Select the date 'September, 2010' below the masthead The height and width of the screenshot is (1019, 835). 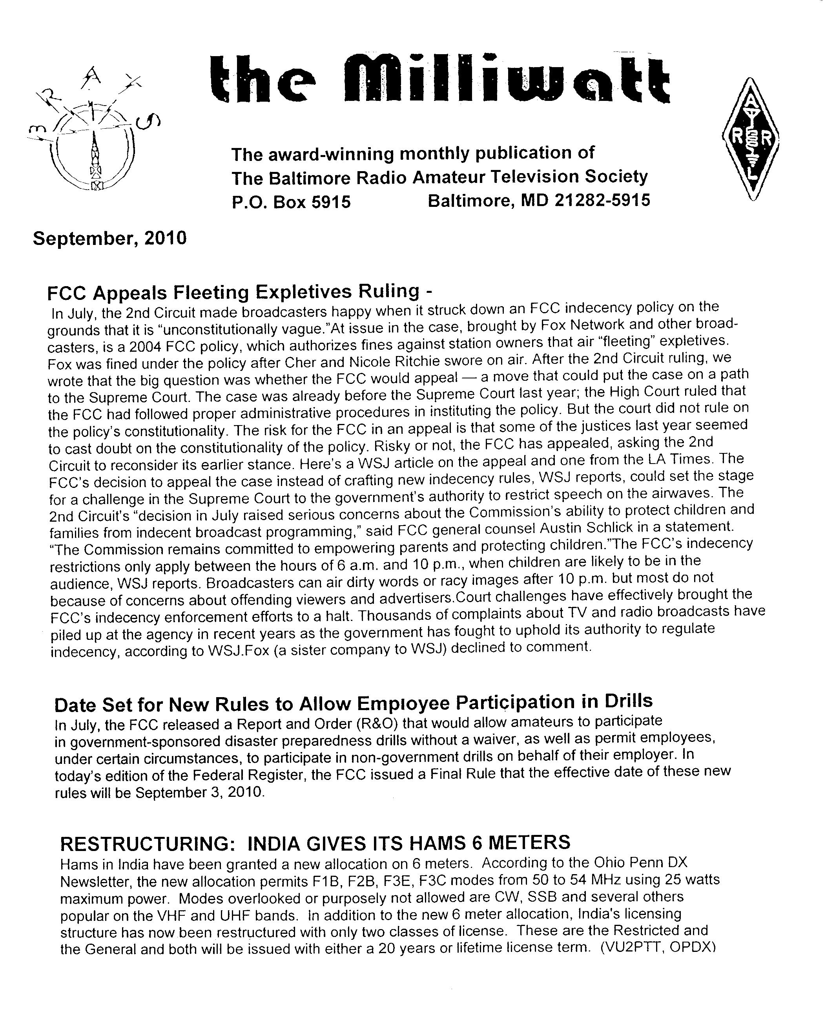coord(109,238)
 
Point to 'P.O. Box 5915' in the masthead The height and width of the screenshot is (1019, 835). coord(291,202)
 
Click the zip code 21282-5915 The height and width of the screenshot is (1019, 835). coord(602,200)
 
